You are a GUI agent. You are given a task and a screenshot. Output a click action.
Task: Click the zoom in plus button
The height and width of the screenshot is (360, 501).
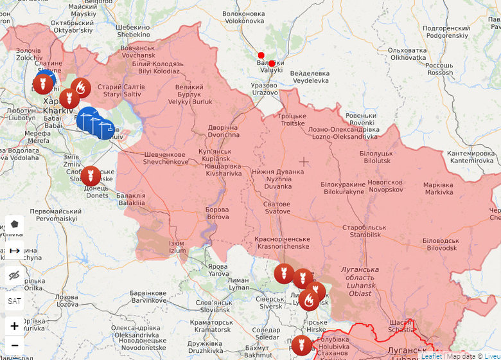point(14,326)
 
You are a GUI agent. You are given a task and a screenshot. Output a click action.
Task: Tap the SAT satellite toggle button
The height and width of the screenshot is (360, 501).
point(14,300)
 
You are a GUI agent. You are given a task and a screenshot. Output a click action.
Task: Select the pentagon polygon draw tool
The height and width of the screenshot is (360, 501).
point(14,224)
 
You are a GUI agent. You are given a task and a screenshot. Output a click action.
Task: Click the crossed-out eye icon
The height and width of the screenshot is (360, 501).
point(14,275)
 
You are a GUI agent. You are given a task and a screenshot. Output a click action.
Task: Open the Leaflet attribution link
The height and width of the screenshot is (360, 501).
point(431,355)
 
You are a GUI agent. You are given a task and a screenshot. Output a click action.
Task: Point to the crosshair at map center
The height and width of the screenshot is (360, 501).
point(304,161)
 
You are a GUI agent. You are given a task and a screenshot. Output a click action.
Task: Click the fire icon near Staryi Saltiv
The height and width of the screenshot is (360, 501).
point(81,87)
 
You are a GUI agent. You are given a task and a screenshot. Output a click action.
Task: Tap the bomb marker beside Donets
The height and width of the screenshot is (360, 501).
point(90,175)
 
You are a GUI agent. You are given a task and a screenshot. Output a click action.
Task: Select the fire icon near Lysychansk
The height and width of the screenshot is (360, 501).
point(309,300)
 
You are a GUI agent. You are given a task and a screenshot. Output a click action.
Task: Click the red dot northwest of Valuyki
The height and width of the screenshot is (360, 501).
point(261,55)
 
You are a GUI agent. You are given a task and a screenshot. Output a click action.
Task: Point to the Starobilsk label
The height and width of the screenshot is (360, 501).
point(364,231)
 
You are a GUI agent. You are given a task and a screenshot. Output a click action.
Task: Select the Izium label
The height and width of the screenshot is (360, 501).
point(177,248)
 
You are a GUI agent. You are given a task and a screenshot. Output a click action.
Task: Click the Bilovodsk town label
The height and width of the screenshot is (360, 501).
point(440,244)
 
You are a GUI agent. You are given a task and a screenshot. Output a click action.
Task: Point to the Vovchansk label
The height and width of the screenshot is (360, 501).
point(137,51)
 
